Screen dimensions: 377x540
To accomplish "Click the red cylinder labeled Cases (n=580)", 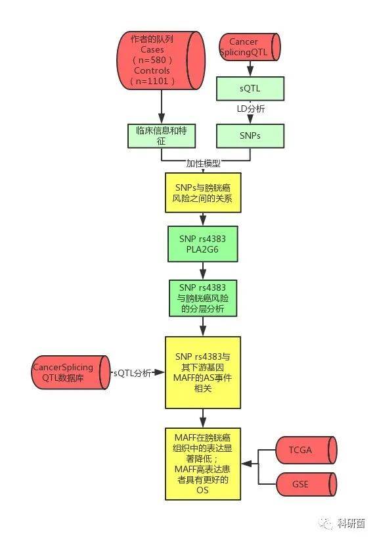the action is pyautogui.click(x=161, y=61).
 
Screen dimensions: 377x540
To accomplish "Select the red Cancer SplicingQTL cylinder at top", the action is pyautogui.click(x=250, y=47).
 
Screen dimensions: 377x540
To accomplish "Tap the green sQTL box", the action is pyautogui.click(x=250, y=89).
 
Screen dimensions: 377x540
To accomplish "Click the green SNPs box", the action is pyautogui.click(x=250, y=136).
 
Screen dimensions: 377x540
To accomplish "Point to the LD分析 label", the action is pyautogui.click(x=251, y=109).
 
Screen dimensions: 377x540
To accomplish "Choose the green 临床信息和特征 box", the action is pyautogui.click(x=162, y=136).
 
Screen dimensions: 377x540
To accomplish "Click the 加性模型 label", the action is pyautogui.click(x=204, y=163).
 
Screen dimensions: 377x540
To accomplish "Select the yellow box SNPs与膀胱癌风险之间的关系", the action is pyautogui.click(x=203, y=193).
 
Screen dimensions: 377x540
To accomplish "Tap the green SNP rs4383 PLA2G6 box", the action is pyautogui.click(x=202, y=244).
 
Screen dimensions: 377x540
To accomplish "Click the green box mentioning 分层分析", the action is pyautogui.click(x=203, y=298).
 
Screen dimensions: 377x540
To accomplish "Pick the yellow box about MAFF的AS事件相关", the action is pyautogui.click(x=203, y=373).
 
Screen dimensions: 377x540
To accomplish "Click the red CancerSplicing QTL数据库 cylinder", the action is pyautogui.click(x=71, y=373).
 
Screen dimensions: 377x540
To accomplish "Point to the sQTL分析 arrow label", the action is pyautogui.click(x=133, y=373).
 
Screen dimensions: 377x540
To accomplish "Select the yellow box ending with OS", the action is pyautogui.click(x=203, y=464).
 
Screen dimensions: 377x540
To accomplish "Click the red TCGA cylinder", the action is pyautogui.click(x=306, y=450).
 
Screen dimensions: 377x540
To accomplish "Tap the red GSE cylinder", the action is pyautogui.click(x=306, y=484).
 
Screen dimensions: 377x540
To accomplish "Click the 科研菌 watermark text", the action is pyautogui.click(x=351, y=524).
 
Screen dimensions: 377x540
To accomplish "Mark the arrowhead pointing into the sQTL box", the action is pyautogui.click(x=250, y=71).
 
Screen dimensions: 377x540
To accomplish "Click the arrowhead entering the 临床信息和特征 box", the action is pyautogui.click(x=162, y=118).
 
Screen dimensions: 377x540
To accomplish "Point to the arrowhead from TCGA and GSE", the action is pyautogui.click(x=248, y=464).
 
